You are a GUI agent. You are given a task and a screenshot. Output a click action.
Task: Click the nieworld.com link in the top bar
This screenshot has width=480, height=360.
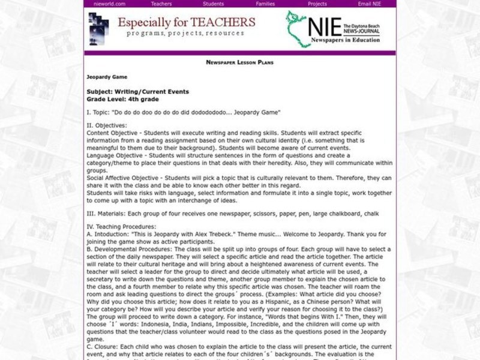109,4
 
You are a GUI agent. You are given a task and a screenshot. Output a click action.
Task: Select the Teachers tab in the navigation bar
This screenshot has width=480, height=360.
161,4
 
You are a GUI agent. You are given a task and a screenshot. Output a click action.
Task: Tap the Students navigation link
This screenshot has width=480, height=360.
213,4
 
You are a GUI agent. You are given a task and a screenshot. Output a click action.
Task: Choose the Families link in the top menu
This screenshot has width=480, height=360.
265,4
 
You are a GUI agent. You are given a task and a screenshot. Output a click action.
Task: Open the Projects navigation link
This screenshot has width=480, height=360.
317,4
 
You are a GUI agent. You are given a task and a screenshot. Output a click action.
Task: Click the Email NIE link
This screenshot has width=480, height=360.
369,4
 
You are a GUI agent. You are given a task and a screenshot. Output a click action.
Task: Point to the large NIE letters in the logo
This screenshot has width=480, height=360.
323,28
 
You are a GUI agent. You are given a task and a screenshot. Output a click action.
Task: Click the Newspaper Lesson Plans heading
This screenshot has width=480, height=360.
239,62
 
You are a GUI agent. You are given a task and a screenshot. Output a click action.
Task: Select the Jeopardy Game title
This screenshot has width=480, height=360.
107,77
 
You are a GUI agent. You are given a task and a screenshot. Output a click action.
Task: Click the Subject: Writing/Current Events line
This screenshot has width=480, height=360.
137,92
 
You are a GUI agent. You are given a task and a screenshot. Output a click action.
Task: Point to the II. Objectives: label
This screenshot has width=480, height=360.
106,125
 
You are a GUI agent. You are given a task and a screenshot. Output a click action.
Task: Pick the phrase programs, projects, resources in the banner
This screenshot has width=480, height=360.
185,34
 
